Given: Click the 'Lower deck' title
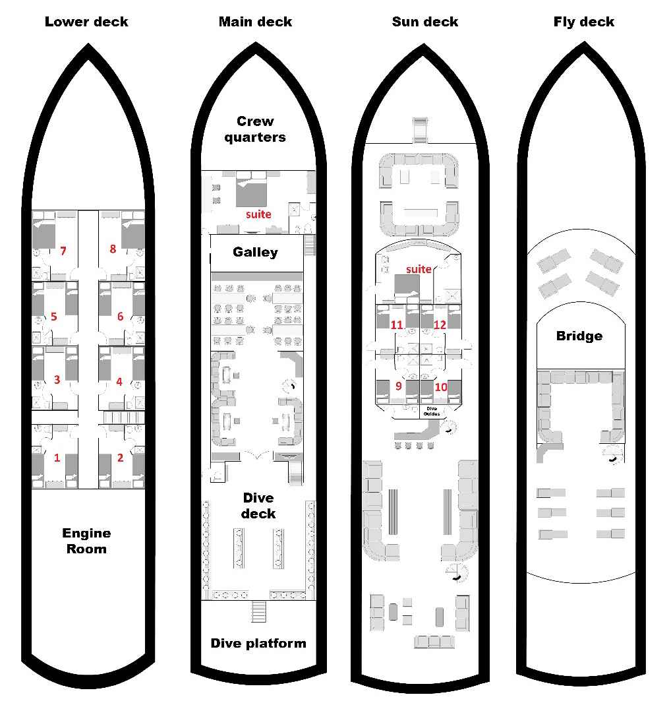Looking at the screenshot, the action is coord(86,22).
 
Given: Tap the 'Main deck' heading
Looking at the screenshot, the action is coord(255,22).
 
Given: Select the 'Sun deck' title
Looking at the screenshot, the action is coord(424,22).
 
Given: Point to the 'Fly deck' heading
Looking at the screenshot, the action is coord(584,22).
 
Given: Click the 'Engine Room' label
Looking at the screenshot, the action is coord(86,541).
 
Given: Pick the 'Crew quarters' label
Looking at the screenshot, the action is coord(255,129).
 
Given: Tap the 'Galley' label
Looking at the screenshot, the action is coord(255,252).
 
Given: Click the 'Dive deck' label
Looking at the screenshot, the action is coord(258,506).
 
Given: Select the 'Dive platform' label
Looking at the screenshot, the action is coord(258,644).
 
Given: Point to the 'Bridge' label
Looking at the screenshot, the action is coord(579,336).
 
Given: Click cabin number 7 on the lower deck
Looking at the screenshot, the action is coord(63,251).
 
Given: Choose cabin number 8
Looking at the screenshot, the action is coord(113,249).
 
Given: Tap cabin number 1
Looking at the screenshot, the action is coord(57,458).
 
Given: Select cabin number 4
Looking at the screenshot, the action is coord(119,382).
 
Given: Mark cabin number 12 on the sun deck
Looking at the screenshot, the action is coord(440,324).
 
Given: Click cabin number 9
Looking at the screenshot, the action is coord(399,386).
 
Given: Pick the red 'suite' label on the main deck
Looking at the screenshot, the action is coord(258,214).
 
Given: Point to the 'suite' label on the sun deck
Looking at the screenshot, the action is coord(419,269).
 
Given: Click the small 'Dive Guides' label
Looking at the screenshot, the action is coord(432,411).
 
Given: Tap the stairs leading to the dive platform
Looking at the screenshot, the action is coord(259,611).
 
